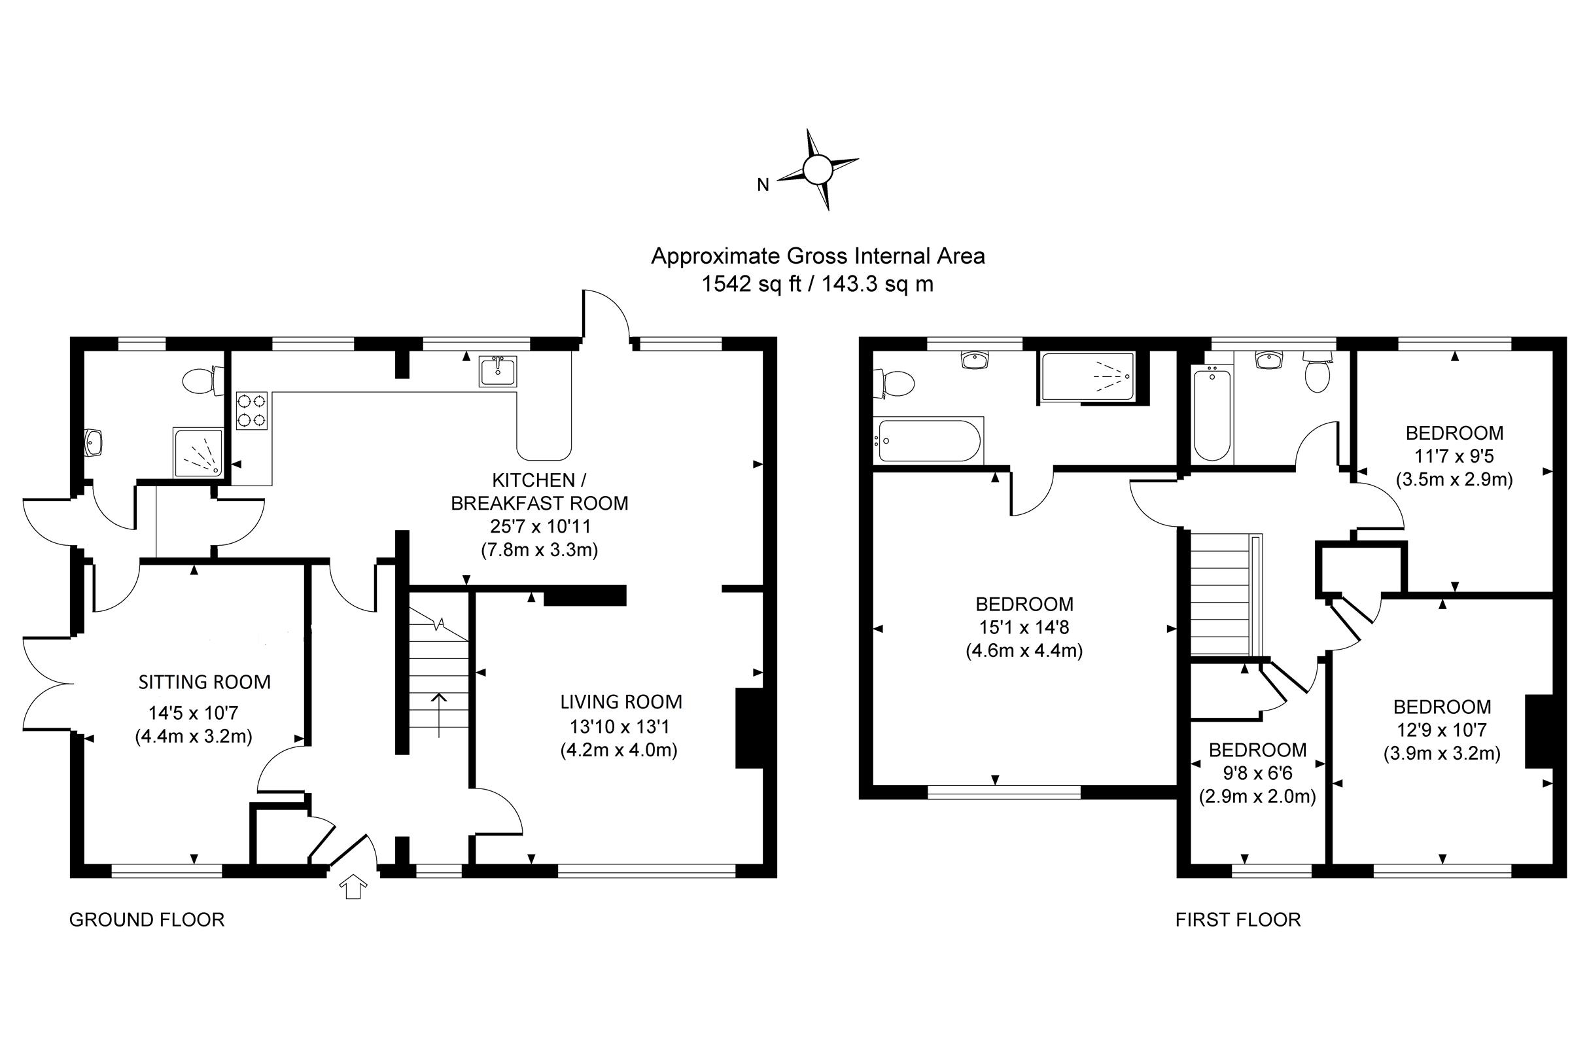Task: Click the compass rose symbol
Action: (818, 169)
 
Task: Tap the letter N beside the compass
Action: (763, 185)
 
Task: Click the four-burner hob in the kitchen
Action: (251, 410)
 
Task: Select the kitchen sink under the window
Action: (498, 371)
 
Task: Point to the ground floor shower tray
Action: (198, 451)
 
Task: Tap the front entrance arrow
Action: (353, 886)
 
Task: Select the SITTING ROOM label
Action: (204, 682)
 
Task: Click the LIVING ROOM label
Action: (621, 701)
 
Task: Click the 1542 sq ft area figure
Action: (751, 284)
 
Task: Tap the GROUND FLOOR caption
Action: (147, 919)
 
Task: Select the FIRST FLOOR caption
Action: (1238, 919)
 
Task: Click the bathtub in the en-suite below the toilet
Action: (928, 440)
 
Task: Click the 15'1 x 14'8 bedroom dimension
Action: (1024, 627)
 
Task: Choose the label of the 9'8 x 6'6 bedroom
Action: (1258, 750)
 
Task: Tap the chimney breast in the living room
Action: (749, 728)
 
